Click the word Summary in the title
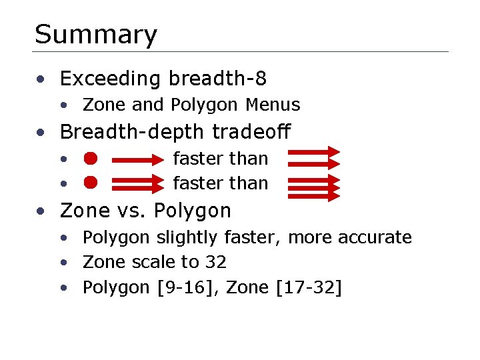[96, 35]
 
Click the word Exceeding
[111, 79]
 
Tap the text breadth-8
[217, 79]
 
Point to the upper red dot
[91, 159]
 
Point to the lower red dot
[91, 182]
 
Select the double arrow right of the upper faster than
[313, 158]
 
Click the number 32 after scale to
[215, 263]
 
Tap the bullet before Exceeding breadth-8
[41, 80]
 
